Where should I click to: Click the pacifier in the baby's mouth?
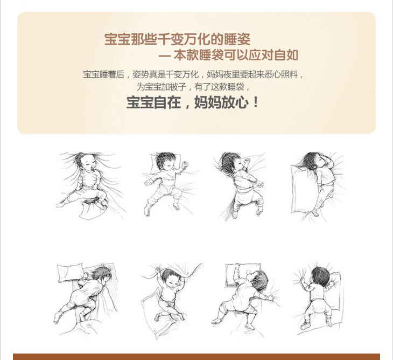pyautogui.click(x=93, y=168)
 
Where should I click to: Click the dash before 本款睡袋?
pyautogui.click(x=164, y=56)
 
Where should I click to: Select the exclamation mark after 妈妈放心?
pyautogui.click(x=256, y=102)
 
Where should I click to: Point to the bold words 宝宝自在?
pyautogui.click(x=153, y=102)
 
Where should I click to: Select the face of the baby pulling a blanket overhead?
pyautogui.click(x=171, y=279)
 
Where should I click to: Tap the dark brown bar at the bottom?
pyautogui.click(x=196, y=357)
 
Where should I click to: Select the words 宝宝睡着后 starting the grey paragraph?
pyautogui.click(x=104, y=74)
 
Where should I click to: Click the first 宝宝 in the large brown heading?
pyautogui.click(x=117, y=39)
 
